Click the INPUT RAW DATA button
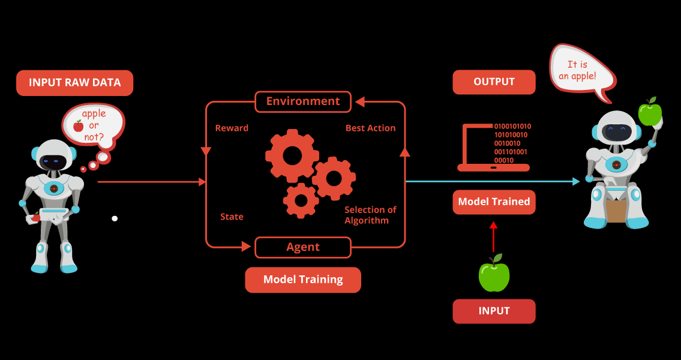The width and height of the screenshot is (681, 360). coord(74,83)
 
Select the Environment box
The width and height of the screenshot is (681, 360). coord(303,101)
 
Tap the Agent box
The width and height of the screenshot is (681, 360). coord(303,247)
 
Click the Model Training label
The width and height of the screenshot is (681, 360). coord(303,280)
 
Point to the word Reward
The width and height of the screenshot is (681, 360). coord(232,128)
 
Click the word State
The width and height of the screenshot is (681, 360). coord(232,217)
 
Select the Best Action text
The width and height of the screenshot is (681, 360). coord(370,128)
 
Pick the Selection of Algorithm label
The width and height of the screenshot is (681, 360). coord(370,215)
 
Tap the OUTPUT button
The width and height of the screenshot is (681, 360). coord(494,82)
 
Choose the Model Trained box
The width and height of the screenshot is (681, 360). coord(494,202)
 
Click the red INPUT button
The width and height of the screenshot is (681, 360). coord(494,311)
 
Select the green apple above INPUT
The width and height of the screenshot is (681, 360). coord(494,275)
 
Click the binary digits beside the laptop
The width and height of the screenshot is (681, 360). coord(512,143)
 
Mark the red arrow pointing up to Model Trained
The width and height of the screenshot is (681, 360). coord(494,236)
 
